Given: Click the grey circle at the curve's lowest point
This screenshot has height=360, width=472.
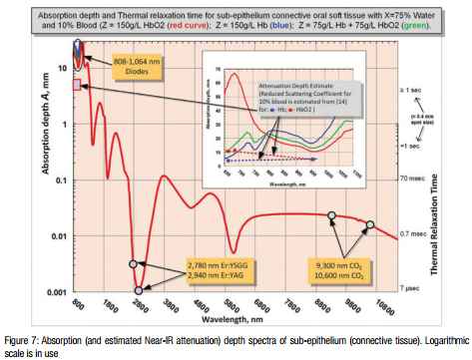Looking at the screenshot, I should [140, 291].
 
